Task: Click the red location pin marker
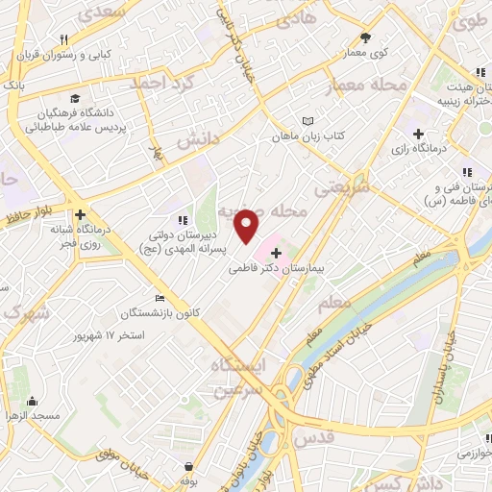(x=248, y=227)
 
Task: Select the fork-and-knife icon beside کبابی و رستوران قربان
(x=63, y=40)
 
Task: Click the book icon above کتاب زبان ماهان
(x=307, y=121)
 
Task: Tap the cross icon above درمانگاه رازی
(x=417, y=134)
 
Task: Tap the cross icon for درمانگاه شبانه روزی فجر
(x=80, y=216)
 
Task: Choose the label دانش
(x=199, y=140)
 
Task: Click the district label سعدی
(x=104, y=13)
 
